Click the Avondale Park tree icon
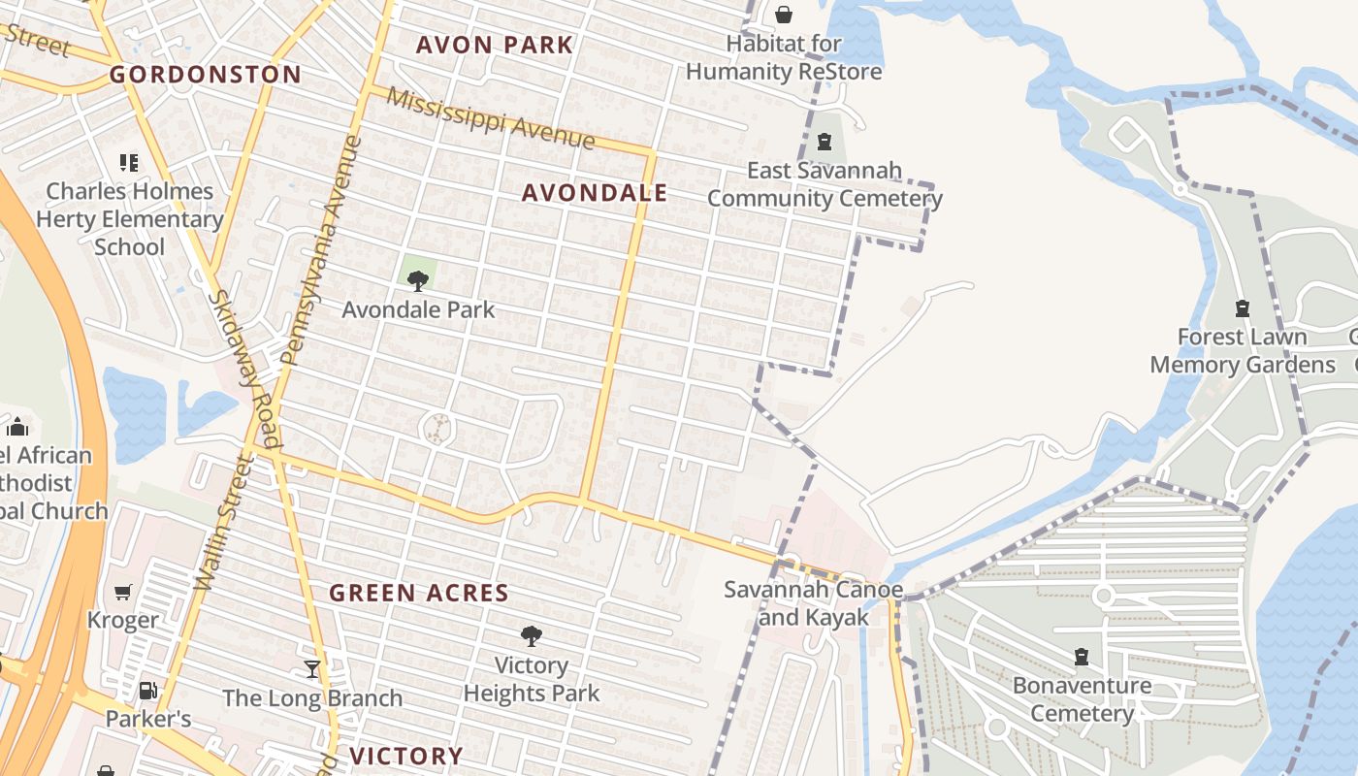tap(418, 281)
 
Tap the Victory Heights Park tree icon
tap(531, 636)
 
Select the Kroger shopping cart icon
tap(123, 592)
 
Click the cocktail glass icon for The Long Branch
tap(311, 669)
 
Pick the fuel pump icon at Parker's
tap(147, 691)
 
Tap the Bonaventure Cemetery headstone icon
tap(1081, 657)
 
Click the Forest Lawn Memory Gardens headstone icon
tap(1242, 308)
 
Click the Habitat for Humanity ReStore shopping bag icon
tap(783, 15)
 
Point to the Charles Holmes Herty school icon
tap(129, 162)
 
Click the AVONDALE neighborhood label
tap(595, 193)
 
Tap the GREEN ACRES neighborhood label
tap(419, 593)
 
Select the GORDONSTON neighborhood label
tap(205, 75)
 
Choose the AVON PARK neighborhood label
tap(495, 45)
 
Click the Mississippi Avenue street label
tap(490, 118)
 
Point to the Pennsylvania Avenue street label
tap(321, 250)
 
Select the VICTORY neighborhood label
tap(406, 756)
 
